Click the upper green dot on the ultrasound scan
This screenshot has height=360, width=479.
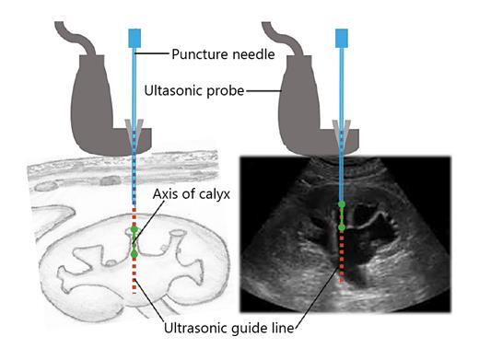[343, 203]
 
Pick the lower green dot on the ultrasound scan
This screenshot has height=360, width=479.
[343, 226]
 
